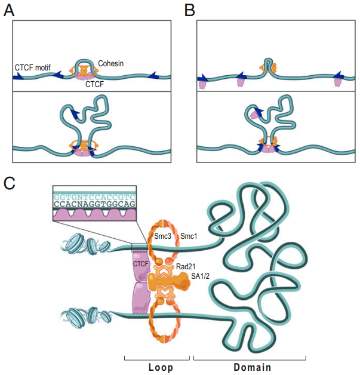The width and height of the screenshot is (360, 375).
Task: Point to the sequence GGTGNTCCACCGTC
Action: (x=94, y=195)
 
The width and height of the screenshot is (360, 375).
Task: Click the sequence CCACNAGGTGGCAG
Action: (x=94, y=203)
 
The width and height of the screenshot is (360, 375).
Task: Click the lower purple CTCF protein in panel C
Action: (x=140, y=297)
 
